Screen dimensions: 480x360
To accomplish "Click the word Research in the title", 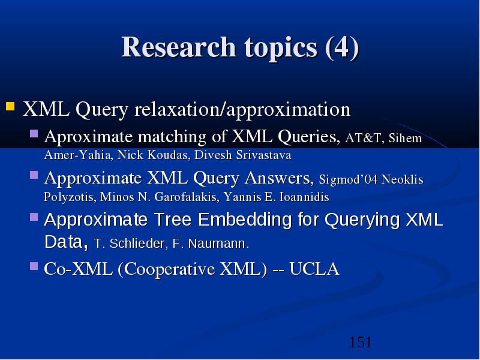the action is [x=179, y=47].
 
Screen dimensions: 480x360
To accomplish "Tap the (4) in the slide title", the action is [x=342, y=48].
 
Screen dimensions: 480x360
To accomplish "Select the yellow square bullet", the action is [x=10, y=106].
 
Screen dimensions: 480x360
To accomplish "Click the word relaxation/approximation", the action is [x=242, y=109].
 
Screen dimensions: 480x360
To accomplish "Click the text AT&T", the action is [x=363, y=138].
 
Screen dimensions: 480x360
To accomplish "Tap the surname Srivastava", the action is [x=263, y=155].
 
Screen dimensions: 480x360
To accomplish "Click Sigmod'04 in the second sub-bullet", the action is [x=348, y=179].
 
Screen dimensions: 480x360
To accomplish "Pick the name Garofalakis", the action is [x=187, y=197].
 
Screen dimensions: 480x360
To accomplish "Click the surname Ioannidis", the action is [x=304, y=197].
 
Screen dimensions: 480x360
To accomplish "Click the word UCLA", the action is [x=314, y=269].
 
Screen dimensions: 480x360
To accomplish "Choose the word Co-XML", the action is [x=78, y=269].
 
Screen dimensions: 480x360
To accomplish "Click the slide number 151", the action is [x=361, y=342].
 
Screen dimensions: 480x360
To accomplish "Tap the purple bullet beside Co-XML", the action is [x=34, y=266].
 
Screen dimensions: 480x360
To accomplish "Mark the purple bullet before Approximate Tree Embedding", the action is [x=34, y=217].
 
